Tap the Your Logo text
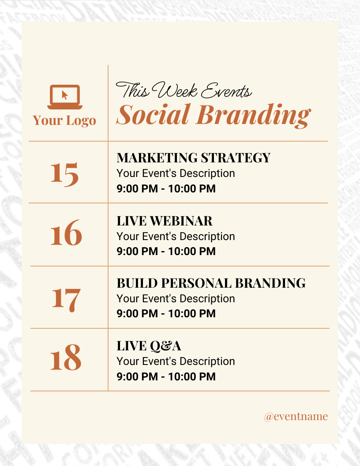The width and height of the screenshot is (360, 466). click(x=64, y=120)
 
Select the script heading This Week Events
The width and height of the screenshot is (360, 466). click(x=184, y=91)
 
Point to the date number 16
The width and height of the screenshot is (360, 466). click(x=66, y=234)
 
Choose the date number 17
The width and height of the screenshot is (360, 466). click(x=66, y=299)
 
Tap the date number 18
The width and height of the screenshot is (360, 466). click(x=66, y=358)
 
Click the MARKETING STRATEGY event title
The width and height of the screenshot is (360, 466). click(x=193, y=158)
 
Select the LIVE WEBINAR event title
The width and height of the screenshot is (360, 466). click(x=164, y=221)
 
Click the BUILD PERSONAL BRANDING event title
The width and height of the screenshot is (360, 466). click(x=211, y=283)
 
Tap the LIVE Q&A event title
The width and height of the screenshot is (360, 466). click(x=149, y=346)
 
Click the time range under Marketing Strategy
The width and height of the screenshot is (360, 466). click(x=166, y=189)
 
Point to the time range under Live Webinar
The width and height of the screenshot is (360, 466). click(x=166, y=252)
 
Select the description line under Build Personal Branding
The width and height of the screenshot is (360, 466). click(x=176, y=299)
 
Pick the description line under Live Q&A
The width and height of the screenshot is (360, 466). click(x=176, y=361)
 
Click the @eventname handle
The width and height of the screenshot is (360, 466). click(x=296, y=416)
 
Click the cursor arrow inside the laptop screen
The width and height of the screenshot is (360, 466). click(x=65, y=95)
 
